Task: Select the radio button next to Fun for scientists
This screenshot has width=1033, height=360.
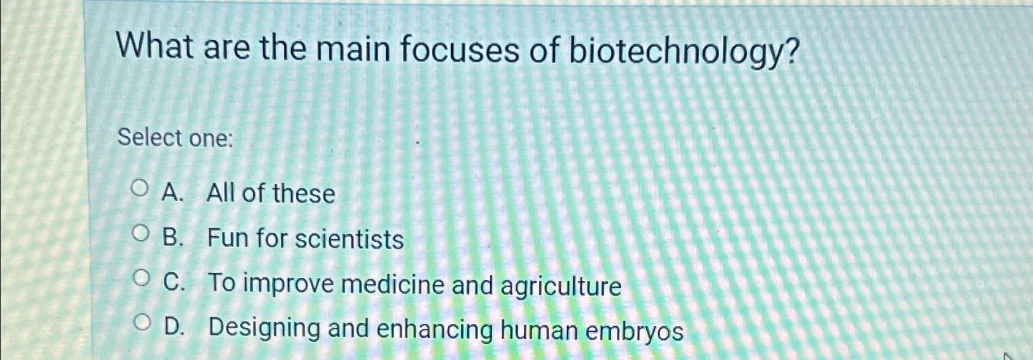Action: [141, 233]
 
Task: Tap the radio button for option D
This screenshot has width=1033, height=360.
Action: [142, 323]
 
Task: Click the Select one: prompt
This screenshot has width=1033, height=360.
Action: [175, 138]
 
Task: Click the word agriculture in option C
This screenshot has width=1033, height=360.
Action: [561, 286]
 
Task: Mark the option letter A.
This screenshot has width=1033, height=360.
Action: [172, 193]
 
